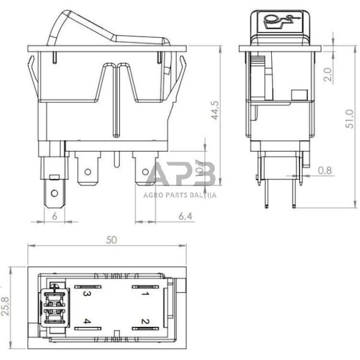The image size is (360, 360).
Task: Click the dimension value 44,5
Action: (214, 113)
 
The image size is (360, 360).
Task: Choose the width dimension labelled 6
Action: (54, 216)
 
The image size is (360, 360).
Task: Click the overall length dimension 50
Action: (111, 239)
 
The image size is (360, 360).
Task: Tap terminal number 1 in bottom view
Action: (145, 293)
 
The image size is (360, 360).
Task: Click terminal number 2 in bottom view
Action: (145, 321)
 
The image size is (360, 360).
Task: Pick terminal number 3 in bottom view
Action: (87, 293)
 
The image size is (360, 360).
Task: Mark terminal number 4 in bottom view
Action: (87, 321)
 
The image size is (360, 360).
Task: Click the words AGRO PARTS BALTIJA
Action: (181, 196)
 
